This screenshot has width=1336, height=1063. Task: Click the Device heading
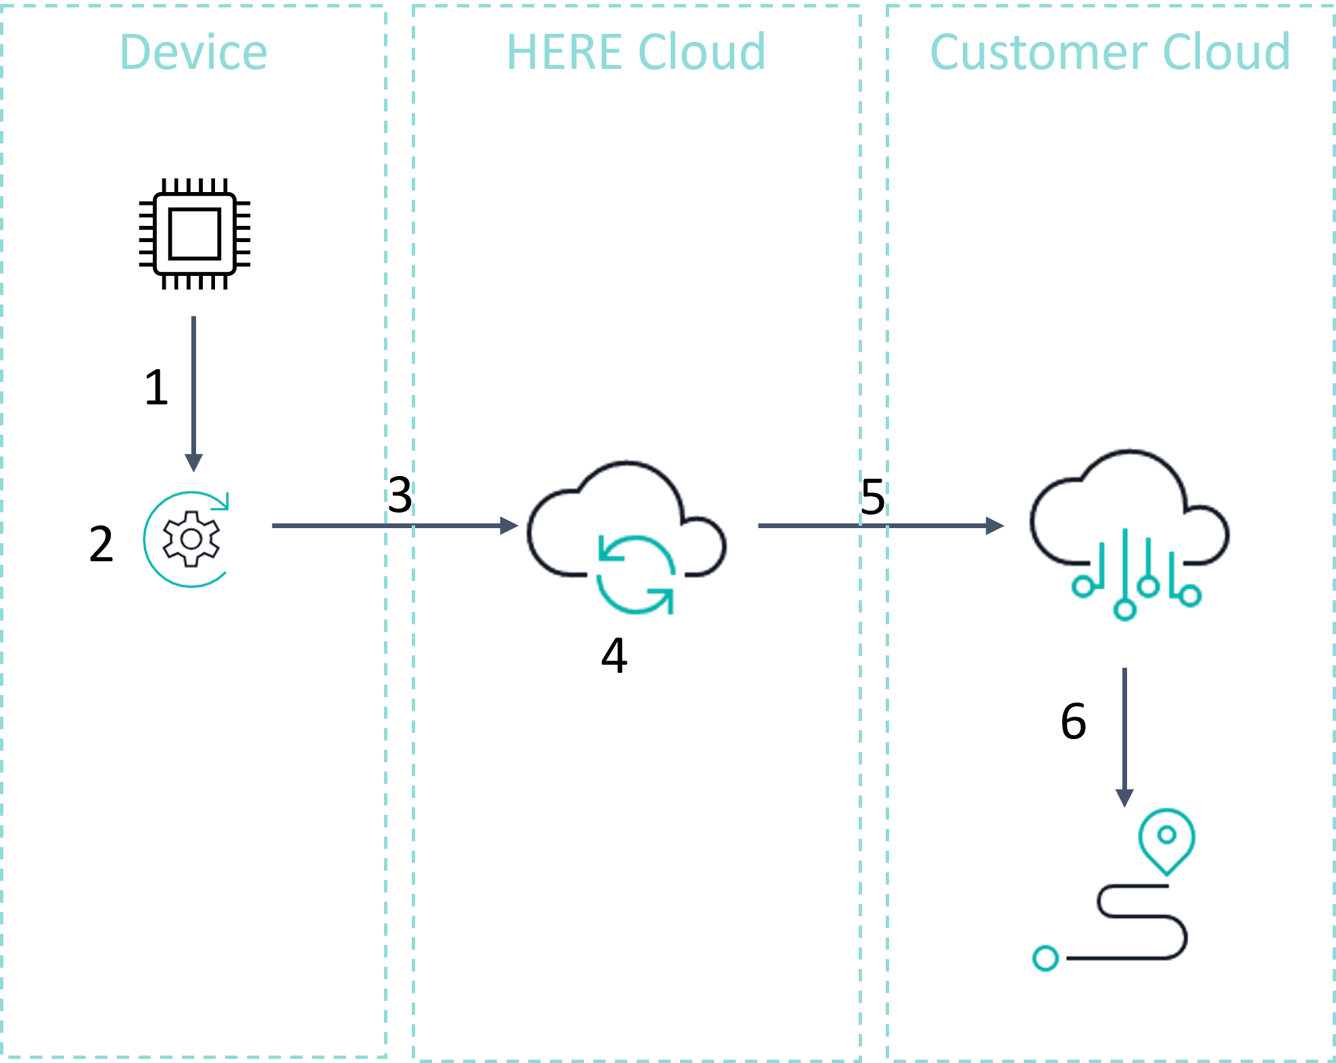pos(193,52)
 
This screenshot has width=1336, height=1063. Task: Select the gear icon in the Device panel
pos(191,539)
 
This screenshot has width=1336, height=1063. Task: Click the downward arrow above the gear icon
pos(194,392)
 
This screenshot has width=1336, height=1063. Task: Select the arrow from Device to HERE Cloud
pos(392,525)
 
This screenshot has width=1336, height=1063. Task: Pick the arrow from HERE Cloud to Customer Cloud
pos(879,525)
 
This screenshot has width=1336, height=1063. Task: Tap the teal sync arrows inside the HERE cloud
pos(636,575)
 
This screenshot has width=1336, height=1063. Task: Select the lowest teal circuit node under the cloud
pos(1125,610)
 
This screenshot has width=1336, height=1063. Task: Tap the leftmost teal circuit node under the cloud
pos(1083,586)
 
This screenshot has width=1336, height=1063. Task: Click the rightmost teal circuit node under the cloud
pos(1190,596)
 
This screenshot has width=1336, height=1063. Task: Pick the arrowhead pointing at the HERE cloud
pos(510,525)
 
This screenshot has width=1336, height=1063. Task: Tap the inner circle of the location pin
pos(1167,834)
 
